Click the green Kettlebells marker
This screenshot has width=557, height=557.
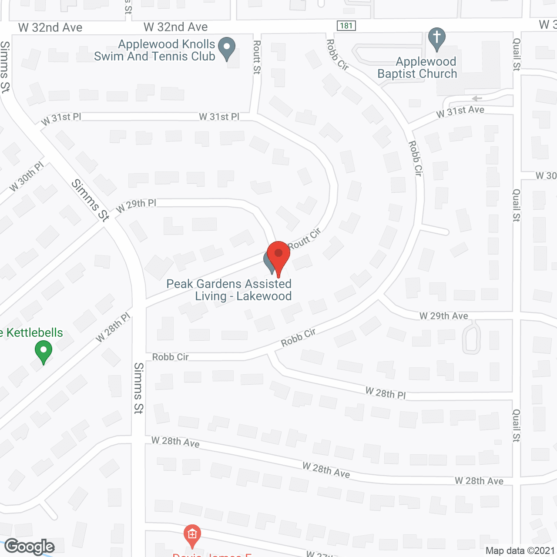[x=44, y=352]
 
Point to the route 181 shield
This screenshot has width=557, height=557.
[x=346, y=26]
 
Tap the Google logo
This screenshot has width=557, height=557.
[x=30, y=547]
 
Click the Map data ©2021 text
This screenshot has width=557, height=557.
[x=520, y=550]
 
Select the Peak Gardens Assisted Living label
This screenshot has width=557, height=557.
[x=229, y=290]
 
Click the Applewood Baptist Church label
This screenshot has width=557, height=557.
[x=418, y=68]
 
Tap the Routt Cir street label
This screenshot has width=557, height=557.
[x=304, y=238]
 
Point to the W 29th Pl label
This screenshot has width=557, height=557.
[x=136, y=205]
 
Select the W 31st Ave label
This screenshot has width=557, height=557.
[x=460, y=112]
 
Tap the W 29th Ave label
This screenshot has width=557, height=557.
[x=444, y=316]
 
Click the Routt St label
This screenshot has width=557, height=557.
[x=257, y=57]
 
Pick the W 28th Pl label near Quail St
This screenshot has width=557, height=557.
[x=386, y=393]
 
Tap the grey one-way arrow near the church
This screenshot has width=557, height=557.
[x=477, y=98]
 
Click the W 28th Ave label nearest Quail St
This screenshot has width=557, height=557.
[x=479, y=481]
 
